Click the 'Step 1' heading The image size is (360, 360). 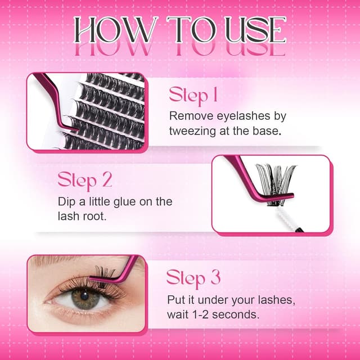[x=193, y=95]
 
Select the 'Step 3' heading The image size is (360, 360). [x=193, y=277]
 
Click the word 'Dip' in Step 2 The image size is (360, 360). [x=67, y=201]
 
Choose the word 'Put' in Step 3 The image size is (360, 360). [x=177, y=298]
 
